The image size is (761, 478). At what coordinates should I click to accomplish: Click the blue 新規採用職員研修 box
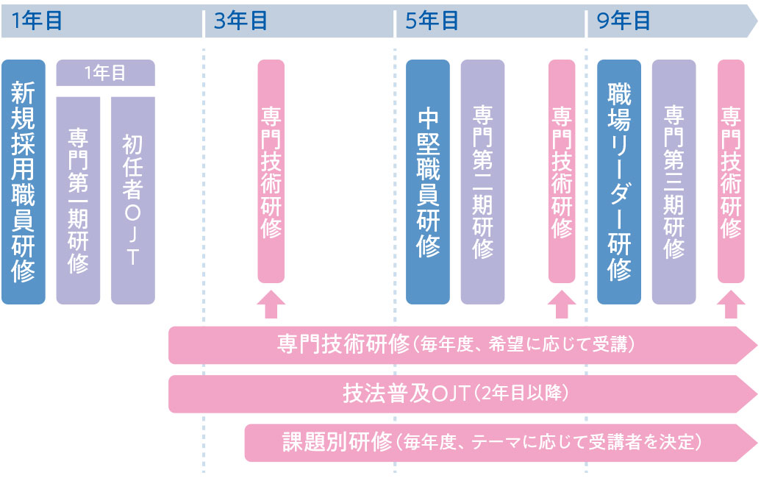click(x=24, y=182)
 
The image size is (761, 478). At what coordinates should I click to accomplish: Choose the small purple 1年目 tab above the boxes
click(x=105, y=73)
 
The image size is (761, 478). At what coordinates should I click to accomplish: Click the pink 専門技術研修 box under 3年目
click(x=271, y=171)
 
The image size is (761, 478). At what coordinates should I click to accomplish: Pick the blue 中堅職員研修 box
click(x=428, y=182)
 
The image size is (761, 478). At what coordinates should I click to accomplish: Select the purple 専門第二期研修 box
click(x=482, y=182)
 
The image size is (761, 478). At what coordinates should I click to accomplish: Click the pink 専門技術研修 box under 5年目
click(x=562, y=171)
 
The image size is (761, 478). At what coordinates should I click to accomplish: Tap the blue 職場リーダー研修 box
click(x=619, y=182)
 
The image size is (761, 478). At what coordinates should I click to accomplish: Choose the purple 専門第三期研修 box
click(x=674, y=182)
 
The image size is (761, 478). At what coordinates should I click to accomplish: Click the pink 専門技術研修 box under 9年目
click(x=730, y=171)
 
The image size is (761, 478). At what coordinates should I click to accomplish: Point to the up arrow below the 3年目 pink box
click(x=271, y=304)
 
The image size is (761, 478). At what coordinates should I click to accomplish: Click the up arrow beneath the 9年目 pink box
click(x=730, y=304)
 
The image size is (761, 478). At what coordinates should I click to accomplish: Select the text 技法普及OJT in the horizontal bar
click(x=407, y=393)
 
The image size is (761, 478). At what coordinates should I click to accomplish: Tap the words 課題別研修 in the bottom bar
click(x=337, y=443)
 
